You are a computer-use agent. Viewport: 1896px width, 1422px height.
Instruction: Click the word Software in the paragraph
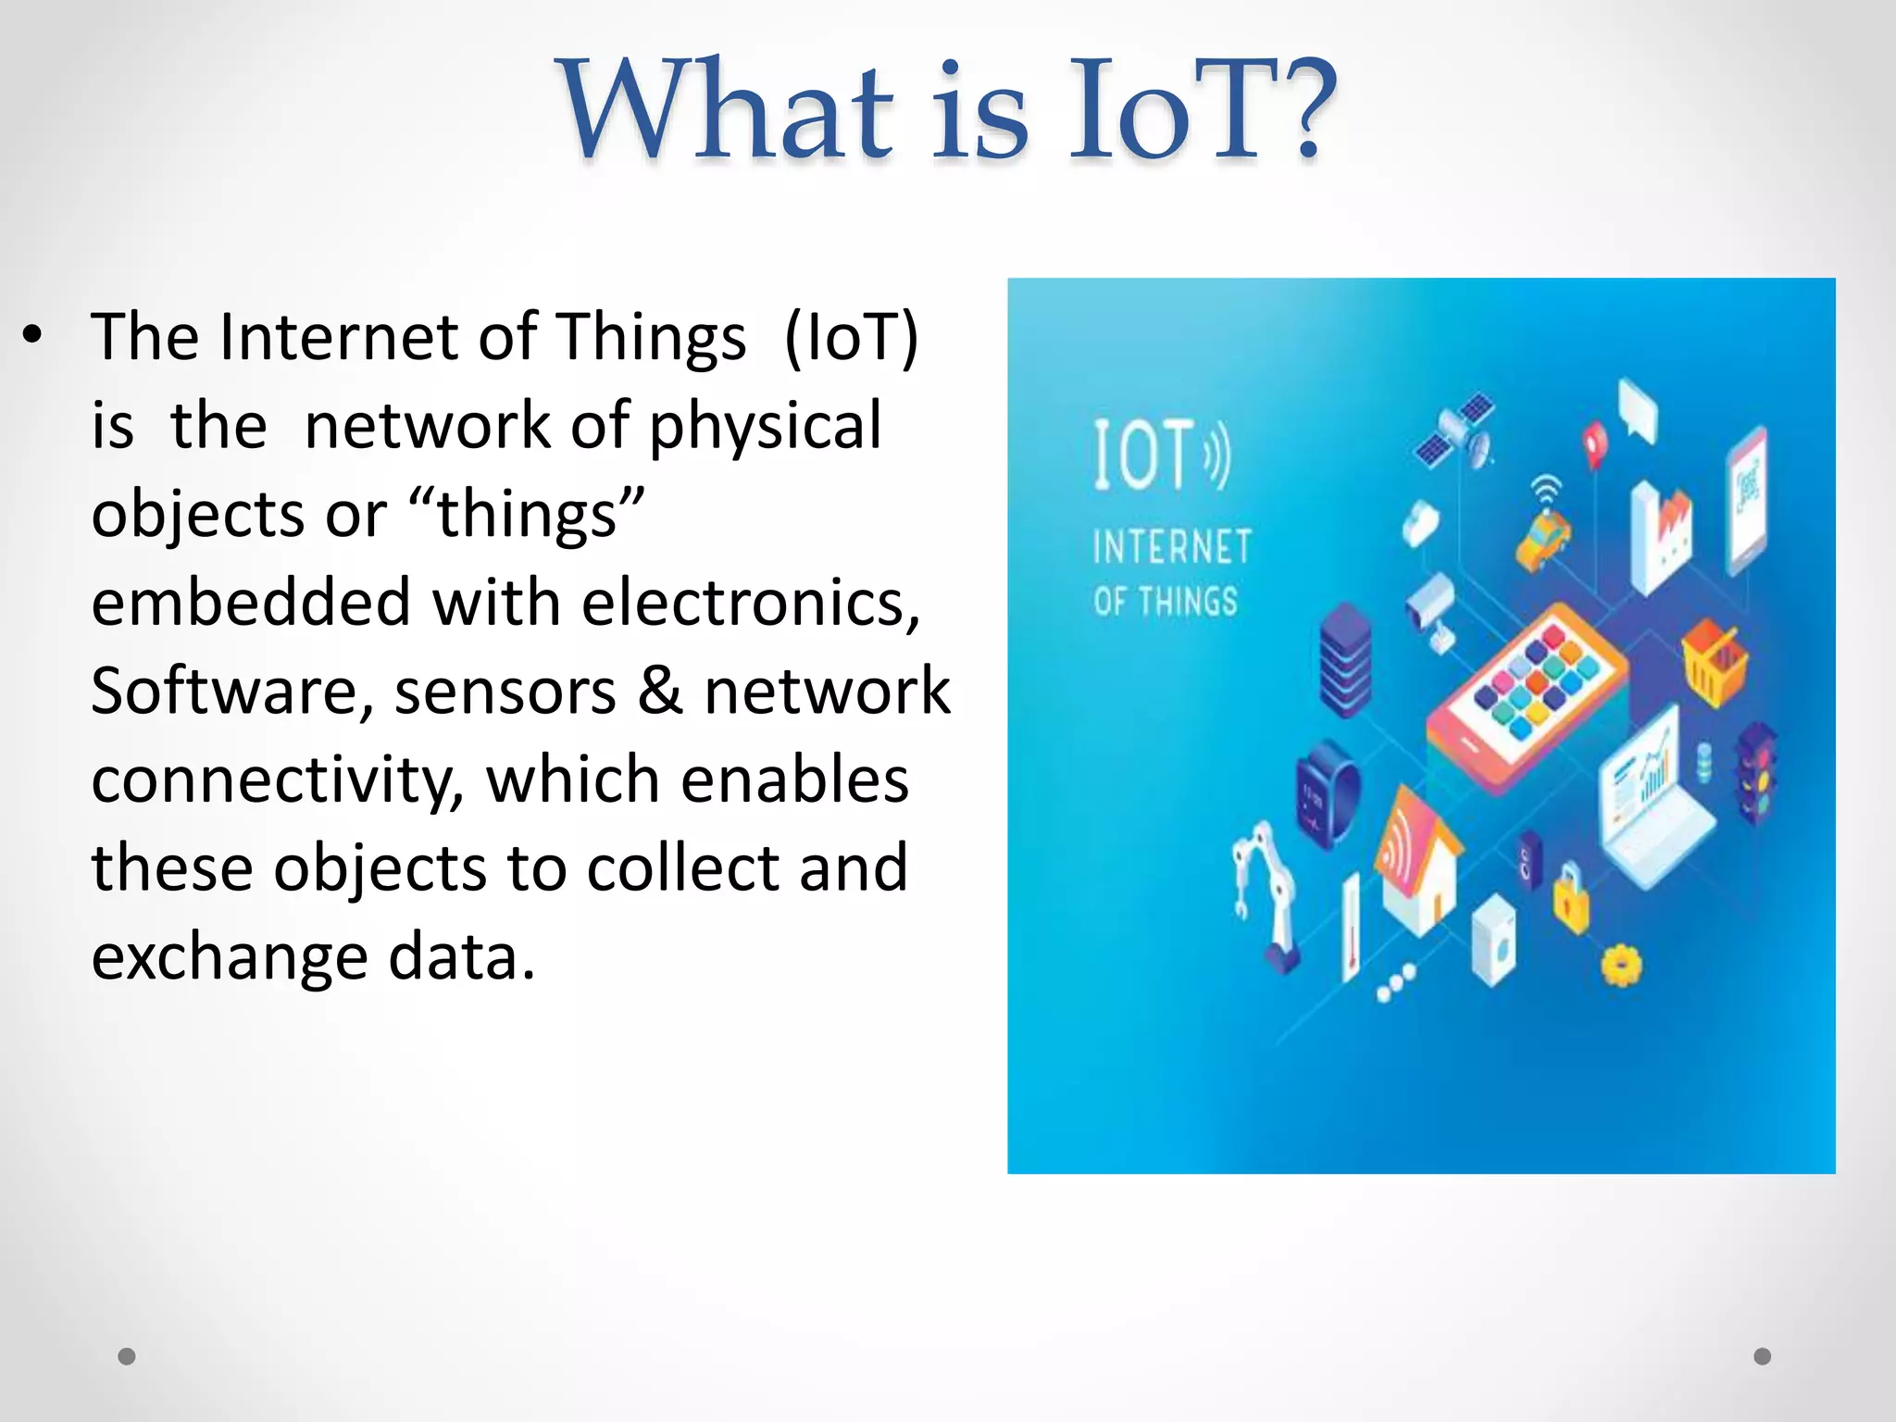coord(231,692)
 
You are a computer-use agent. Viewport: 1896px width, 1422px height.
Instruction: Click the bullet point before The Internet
coord(33,336)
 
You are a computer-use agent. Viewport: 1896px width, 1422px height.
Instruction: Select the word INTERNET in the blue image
coord(1172,547)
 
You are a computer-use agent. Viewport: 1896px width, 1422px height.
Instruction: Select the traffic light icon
coord(1755,773)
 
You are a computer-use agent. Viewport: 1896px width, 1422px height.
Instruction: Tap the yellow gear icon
coord(1621,966)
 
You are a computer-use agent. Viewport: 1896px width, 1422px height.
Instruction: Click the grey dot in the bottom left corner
coord(127,1356)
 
